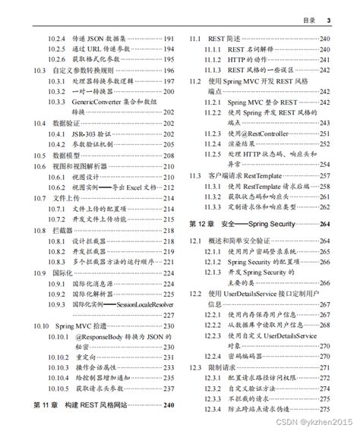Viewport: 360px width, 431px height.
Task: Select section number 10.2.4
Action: (x=57, y=38)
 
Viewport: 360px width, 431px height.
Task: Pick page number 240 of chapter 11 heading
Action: (x=169, y=406)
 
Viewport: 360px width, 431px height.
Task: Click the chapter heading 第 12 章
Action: (x=203, y=224)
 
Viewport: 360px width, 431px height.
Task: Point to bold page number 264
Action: (x=325, y=224)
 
